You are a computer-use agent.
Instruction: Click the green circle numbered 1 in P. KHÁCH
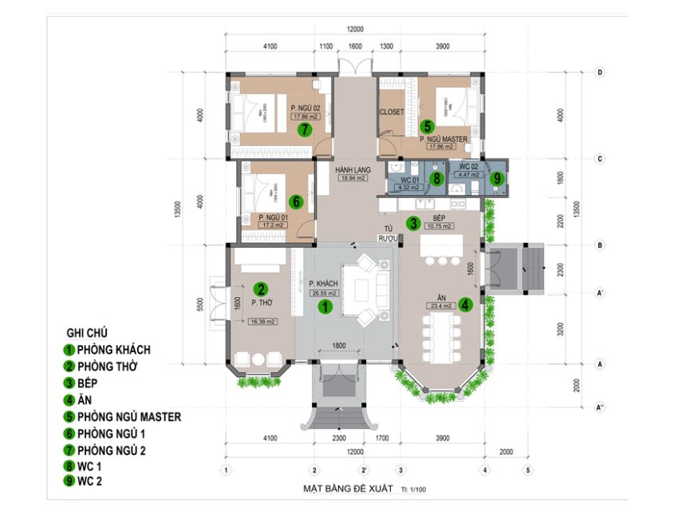[325, 305]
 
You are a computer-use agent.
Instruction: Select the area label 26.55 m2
[325, 293]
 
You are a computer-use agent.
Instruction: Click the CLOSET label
[392, 112]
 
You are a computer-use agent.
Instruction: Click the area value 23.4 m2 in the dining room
[440, 305]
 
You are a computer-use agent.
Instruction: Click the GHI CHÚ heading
[87, 332]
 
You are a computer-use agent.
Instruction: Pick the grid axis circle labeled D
[600, 72]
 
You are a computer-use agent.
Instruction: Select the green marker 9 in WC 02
[497, 179]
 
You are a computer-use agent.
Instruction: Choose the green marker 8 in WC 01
[436, 179]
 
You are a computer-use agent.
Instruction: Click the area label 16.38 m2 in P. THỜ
[262, 322]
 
